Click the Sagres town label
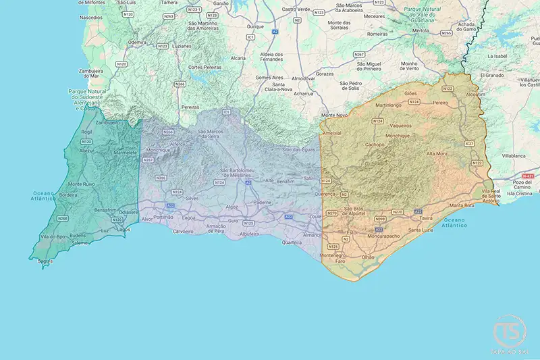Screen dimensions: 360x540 click(45, 260)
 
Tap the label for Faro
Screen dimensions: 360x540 click(341, 261)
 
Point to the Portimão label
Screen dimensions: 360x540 click(163, 217)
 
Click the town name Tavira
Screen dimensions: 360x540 click(425, 219)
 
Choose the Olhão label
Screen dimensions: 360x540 click(368, 257)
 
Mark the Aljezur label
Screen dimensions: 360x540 click(86, 151)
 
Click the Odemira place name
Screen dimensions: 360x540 click(137, 42)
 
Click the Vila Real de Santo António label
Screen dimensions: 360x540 click(491, 196)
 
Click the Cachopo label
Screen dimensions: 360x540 click(375, 145)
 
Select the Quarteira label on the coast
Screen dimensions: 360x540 click(292, 242)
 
